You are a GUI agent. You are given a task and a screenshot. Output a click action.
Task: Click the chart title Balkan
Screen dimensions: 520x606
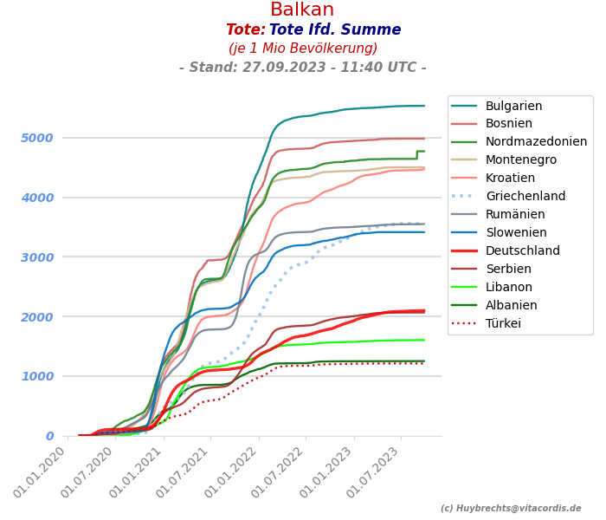pos(302,10)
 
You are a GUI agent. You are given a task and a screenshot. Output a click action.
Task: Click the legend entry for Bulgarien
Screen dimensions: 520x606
pos(513,106)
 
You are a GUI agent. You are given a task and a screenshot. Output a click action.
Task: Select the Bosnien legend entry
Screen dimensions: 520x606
pos(508,124)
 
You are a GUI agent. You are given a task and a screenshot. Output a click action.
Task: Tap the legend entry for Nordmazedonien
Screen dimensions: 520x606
pos(536,142)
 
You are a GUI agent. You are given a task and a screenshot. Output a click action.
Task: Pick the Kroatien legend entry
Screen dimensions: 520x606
pos(511,179)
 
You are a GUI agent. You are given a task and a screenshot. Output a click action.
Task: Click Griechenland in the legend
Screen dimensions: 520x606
pos(525,197)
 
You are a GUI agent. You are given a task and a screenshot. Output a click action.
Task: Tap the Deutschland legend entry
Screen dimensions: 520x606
pos(523,250)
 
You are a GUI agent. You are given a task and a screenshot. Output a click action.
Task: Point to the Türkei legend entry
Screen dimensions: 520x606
pos(503,323)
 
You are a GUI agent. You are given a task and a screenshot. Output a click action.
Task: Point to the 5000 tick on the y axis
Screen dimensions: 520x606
pos(37,138)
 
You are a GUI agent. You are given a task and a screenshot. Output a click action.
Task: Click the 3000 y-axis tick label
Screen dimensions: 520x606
pos(37,257)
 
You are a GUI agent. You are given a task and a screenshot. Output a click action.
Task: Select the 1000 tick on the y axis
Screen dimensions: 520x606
pos(37,376)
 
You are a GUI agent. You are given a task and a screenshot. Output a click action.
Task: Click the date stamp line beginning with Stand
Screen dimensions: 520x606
pos(302,68)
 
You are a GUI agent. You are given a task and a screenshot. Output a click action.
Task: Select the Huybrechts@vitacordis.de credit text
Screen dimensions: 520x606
pos(511,509)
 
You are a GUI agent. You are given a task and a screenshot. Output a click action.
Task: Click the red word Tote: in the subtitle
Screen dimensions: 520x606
pos(245,30)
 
